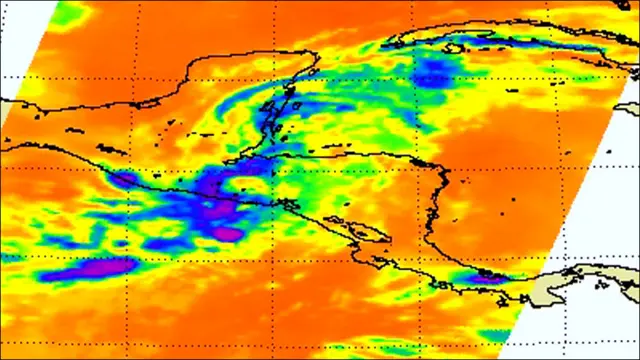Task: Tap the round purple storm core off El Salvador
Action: [228, 233]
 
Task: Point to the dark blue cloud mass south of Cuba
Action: [432, 68]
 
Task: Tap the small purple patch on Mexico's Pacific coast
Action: [125, 179]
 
